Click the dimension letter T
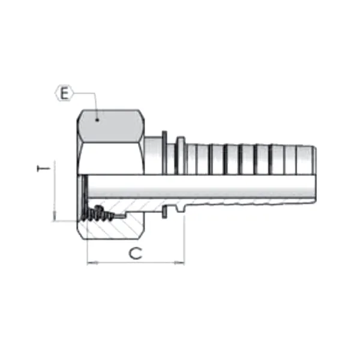(42, 170)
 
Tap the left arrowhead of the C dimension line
(90, 263)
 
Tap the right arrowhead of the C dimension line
(181, 263)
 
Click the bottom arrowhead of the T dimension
(54, 217)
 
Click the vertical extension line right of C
(184, 240)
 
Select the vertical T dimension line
(54, 192)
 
